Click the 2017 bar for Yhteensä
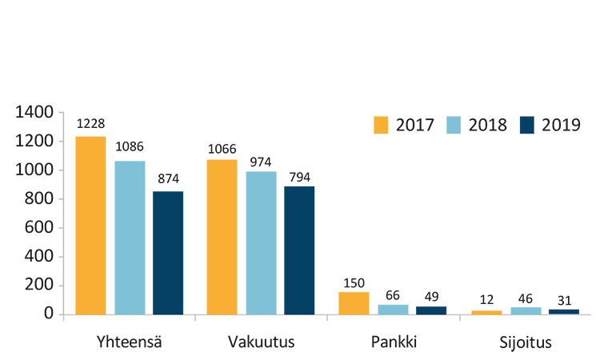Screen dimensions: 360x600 click(90, 225)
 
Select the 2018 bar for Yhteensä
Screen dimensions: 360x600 click(130, 237)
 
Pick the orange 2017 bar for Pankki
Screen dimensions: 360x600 click(354, 302)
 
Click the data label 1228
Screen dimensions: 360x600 click(90, 124)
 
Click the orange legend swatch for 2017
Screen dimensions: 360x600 click(381, 126)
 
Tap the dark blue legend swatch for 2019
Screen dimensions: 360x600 click(527, 126)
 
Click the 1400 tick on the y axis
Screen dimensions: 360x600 click(34, 113)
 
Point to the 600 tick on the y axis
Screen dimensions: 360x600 click(39, 228)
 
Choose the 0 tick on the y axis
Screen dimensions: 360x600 click(49, 314)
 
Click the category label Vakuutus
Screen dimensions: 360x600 click(262, 342)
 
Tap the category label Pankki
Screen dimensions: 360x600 click(394, 342)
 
